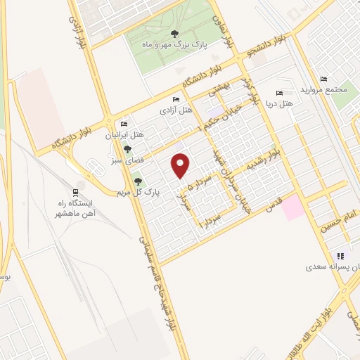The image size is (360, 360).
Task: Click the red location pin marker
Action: [x=181, y=165]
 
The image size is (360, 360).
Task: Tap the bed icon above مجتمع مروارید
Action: [x=323, y=79]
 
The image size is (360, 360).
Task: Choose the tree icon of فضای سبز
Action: [x=127, y=148]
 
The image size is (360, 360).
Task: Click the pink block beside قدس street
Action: [x=294, y=207]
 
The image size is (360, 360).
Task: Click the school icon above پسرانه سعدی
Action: [x=340, y=256]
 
